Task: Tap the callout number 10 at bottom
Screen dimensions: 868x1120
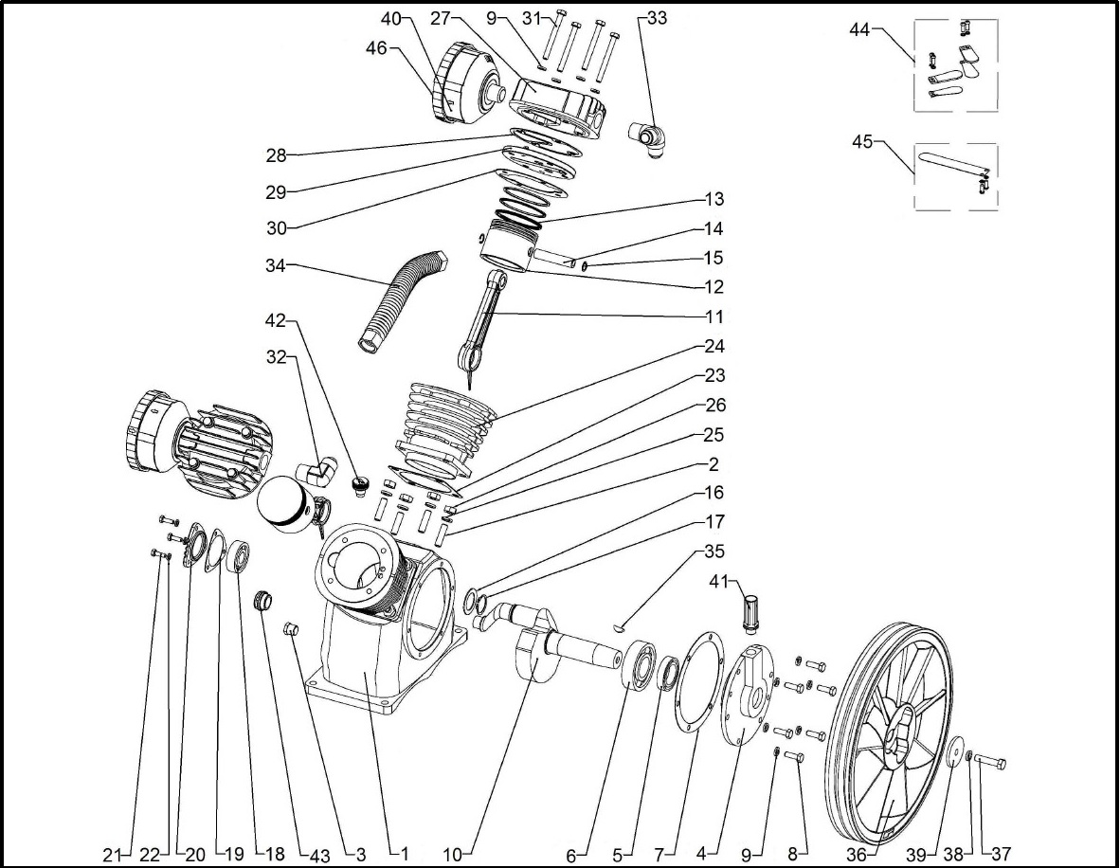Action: [451, 854]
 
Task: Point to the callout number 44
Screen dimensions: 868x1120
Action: [859, 30]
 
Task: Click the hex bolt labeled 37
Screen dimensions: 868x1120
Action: [990, 762]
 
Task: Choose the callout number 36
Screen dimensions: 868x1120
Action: [857, 854]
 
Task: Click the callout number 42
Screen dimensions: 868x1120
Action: [276, 323]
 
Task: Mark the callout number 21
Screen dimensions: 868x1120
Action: [114, 854]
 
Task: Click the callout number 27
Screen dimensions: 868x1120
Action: [440, 19]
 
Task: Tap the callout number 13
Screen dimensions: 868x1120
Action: [714, 200]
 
